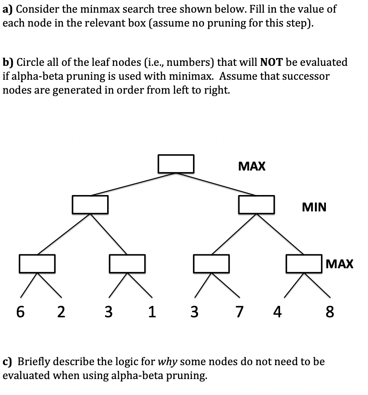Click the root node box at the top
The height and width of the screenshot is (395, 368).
pyautogui.click(x=176, y=164)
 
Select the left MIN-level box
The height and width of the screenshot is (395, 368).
pyautogui.click(x=90, y=204)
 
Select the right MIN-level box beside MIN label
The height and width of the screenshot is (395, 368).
pyautogui.click(x=256, y=204)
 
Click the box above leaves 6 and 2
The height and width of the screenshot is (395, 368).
pyautogui.click(x=37, y=263)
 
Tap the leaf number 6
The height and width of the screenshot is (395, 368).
pyautogui.click(x=20, y=312)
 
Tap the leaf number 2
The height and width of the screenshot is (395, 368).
pyautogui.click(x=61, y=312)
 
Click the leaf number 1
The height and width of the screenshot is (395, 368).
pyautogui.click(x=152, y=312)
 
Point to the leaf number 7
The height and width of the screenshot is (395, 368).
pyautogui.click(x=238, y=312)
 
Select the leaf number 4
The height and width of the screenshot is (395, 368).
pyautogui.click(x=277, y=312)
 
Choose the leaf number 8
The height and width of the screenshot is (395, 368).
pyautogui.click(x=330, y=312)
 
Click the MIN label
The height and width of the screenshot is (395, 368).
pyautogui.click(x=314, y=207)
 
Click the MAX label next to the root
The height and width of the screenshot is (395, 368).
pyautogui.click(x=251, y=166)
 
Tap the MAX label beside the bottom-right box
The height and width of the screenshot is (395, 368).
pyautogui.click(x=340, y=264)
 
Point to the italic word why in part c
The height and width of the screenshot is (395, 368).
pyautogui.click(x=168, y=362)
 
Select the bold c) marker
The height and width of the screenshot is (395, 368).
pyautogui.click(x=8, y=362)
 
